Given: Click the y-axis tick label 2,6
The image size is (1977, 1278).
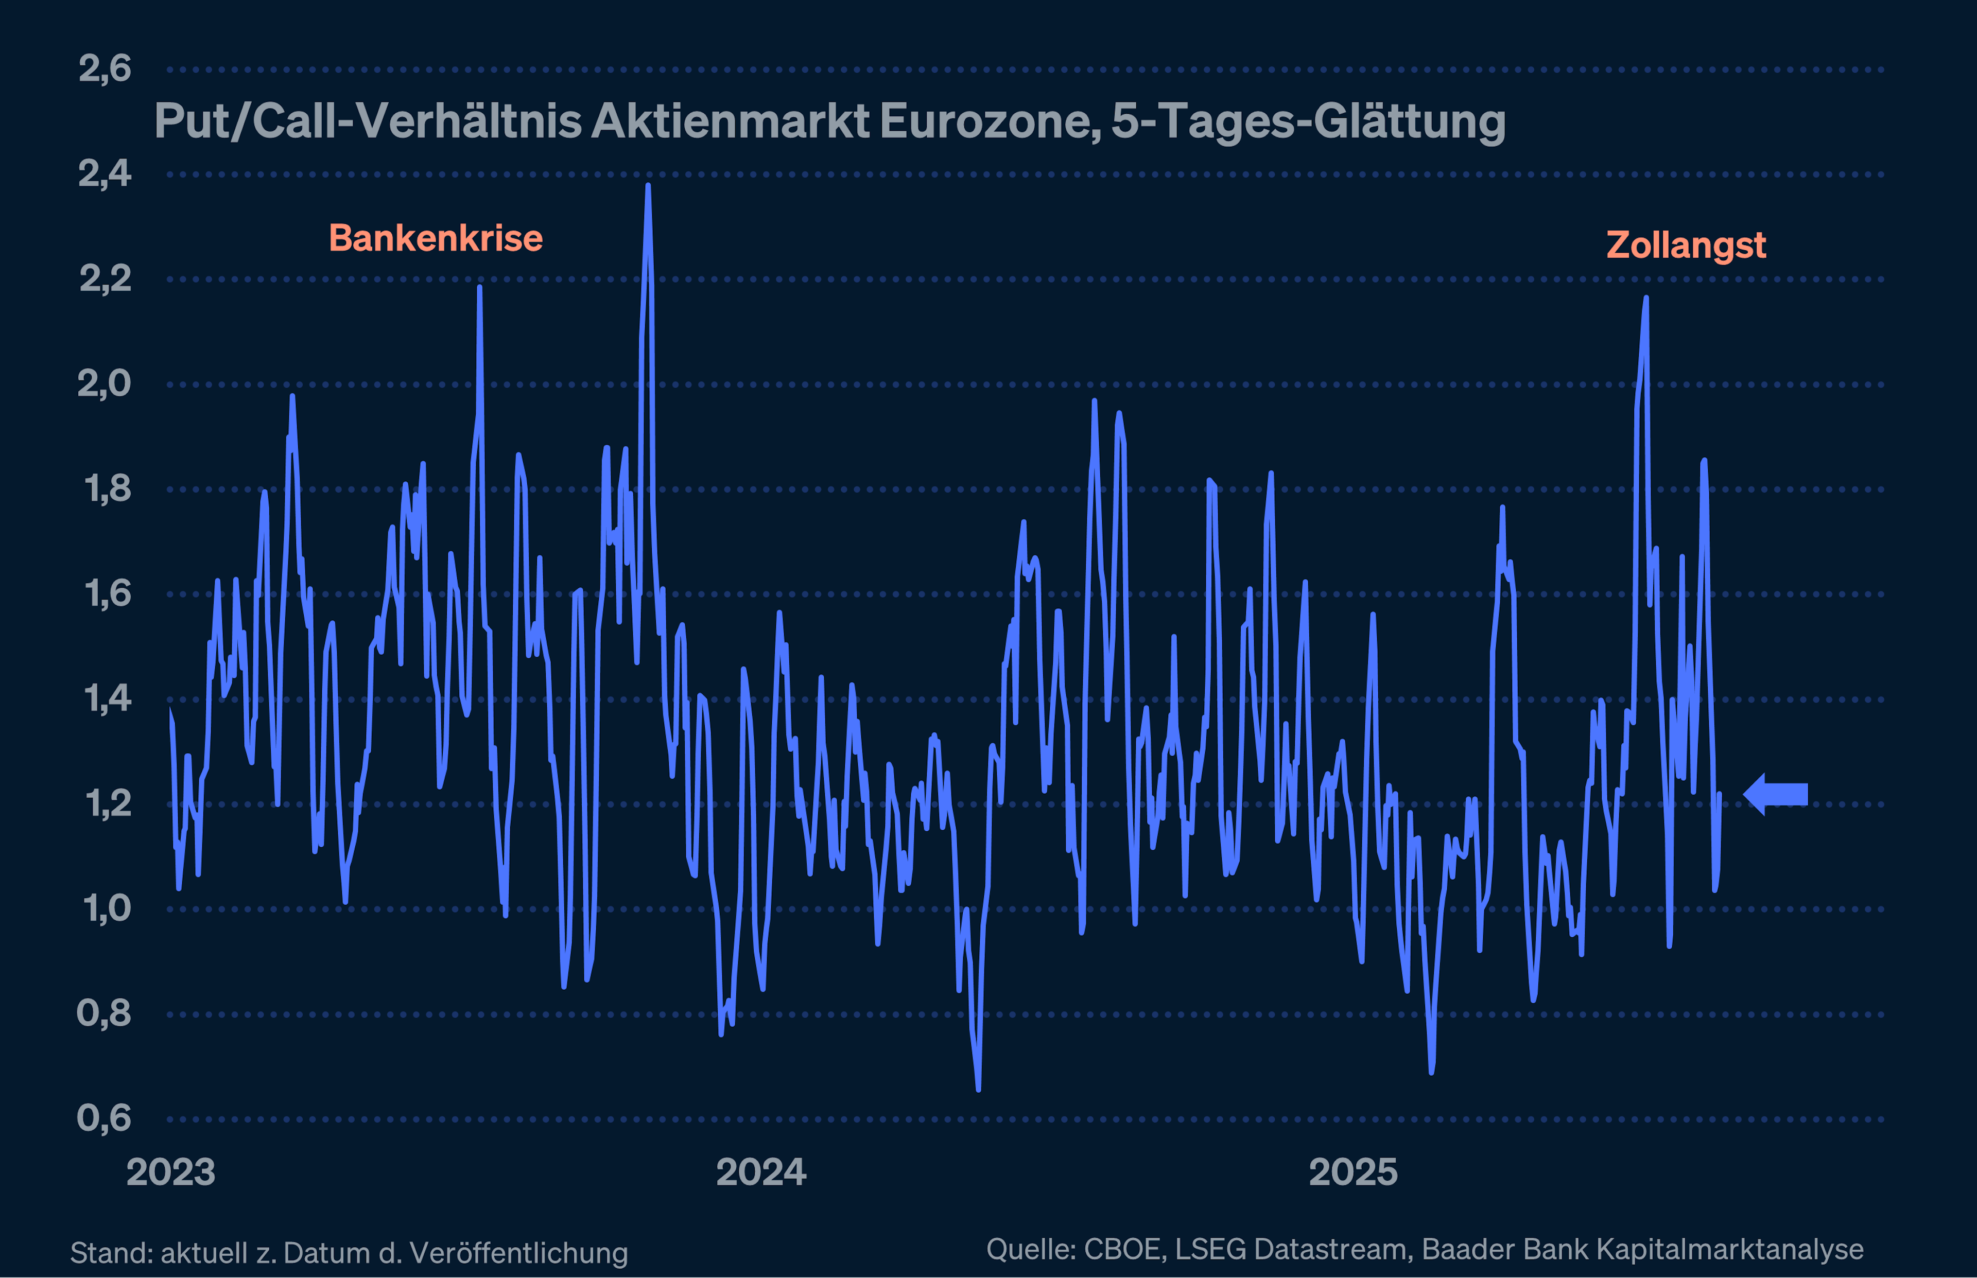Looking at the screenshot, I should (x=105, y=69).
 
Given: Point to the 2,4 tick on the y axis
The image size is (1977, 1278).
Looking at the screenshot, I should (x=105, y=174).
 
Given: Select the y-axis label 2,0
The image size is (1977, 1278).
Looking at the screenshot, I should (x=105, y=384).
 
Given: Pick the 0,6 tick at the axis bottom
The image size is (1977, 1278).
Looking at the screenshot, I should (x=105, y=1118).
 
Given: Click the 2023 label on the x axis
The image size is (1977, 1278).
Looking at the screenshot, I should (x=171, y=1172).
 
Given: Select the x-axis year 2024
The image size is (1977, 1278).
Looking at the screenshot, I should (x=761, y=1172).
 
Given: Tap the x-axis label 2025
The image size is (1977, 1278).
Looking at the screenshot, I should (x=1353, y=1172).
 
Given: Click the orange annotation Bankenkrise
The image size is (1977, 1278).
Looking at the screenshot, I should (x=436, y=238).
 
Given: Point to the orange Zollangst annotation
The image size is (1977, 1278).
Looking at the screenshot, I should (x=1686, y=245).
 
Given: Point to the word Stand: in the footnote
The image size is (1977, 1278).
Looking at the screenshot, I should (x=110, y=1252).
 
